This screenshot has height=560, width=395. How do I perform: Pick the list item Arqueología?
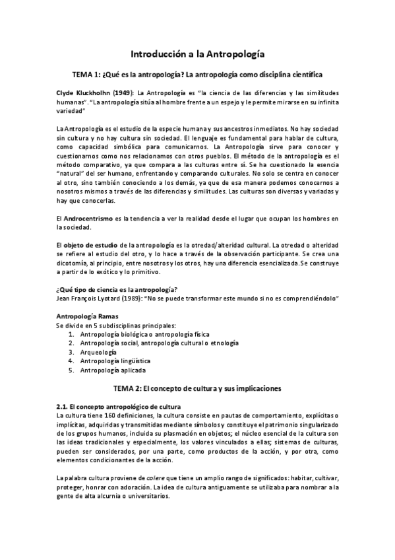tap(101, 353)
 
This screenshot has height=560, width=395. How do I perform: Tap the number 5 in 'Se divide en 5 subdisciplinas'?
tap(92, 326)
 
